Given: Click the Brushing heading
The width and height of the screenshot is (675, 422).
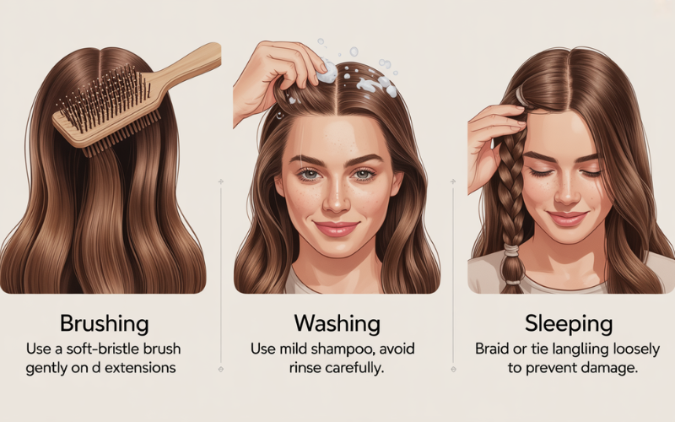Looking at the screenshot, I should coord(104,323).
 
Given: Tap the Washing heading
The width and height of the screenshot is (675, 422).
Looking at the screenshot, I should coord(336,323).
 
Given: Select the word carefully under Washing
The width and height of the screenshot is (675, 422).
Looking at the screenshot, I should coord(355,369).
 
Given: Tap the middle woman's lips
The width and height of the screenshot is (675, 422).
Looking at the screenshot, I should coord(337,228).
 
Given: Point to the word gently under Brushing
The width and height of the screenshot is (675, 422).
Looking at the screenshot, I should coord(49,369).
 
